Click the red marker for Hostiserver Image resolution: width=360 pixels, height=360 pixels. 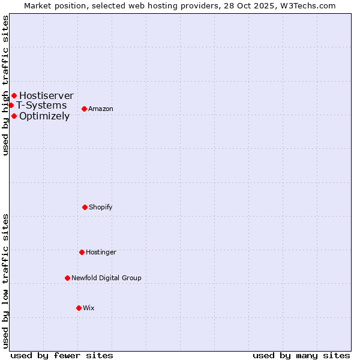(14, 95)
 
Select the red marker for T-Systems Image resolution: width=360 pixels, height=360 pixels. (11, 105)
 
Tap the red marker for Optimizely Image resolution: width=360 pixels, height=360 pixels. (14, 116)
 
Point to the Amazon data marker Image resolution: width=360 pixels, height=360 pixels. (84, 109)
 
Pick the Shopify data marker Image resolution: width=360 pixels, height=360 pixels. (85, 207)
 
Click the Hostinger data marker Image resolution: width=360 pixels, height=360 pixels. (82, 252)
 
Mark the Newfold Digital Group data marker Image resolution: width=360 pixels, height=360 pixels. (67, 278)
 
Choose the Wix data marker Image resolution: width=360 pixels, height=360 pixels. (79, 308)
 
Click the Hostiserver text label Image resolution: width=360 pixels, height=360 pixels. (46, 95)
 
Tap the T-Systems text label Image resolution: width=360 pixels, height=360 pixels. (41, 106)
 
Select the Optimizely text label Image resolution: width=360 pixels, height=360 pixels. (44, 116)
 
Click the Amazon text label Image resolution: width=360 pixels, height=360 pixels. (101, 109)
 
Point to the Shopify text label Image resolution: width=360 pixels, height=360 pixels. (101, 207)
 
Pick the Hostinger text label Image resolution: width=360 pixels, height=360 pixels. (101, 252)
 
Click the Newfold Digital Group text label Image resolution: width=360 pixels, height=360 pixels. (106, 278)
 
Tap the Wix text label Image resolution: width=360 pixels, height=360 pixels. (89, 308)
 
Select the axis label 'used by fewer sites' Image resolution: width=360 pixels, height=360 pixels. (62, 355)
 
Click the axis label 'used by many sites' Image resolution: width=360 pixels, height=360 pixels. (301, 355)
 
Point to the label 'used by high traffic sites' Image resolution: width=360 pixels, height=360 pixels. (5, 85)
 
